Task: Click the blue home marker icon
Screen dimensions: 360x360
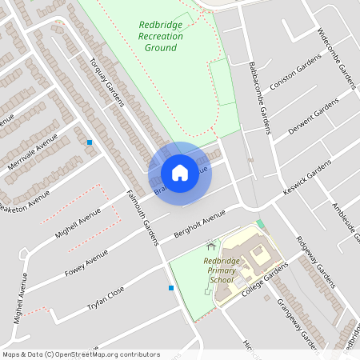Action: (x=180, y=172)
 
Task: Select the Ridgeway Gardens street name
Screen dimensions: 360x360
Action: (x=314, y=262)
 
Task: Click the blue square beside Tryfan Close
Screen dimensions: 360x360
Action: (x=170, y=288)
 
